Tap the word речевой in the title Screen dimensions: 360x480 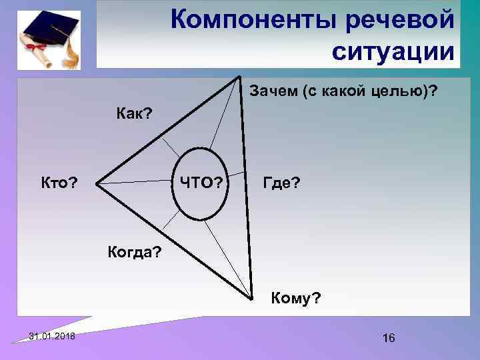(x=402, y=20)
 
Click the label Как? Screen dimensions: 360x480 (x=134, y=113)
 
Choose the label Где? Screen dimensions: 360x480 (x=281, y=182)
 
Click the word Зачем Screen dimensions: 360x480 (x=273, y=90)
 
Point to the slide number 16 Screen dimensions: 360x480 (x=389, y=339)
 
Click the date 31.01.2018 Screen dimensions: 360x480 (x=52, y=336)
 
